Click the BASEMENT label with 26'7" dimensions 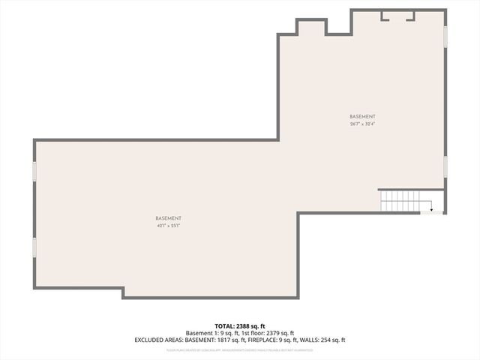[362, 116]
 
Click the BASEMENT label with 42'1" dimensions [169, 217]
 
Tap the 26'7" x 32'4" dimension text [362, 124]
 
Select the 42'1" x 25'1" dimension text [169, 225]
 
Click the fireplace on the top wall [397, 15]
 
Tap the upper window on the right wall [445, 36]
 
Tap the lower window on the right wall [445, 166]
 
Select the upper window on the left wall [34, 171]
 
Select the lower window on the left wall [34, 247]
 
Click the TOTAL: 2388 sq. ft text [239, 325]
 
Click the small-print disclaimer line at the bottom [239, 349]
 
